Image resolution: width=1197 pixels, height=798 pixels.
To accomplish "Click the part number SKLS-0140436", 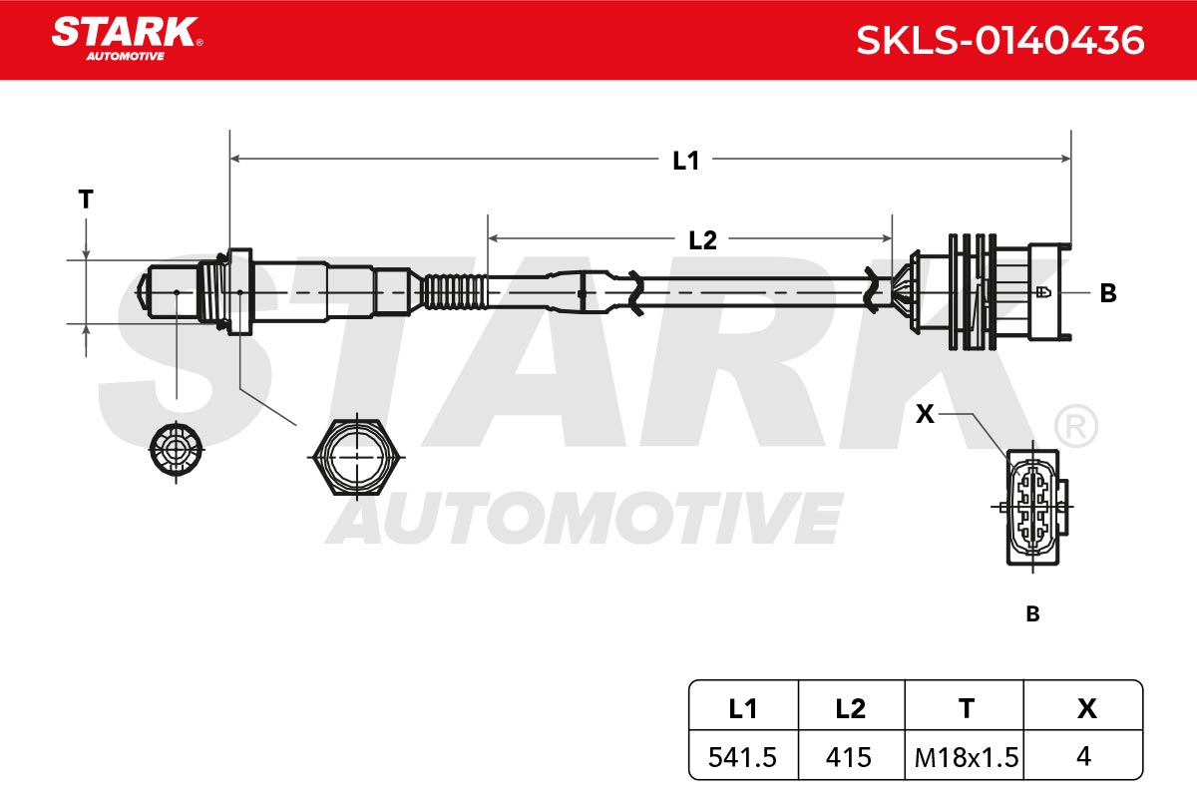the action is point(999,41).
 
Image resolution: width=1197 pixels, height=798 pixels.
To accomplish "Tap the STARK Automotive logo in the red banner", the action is point(127,39).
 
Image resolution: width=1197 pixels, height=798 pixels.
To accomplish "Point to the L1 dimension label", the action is point(685,161).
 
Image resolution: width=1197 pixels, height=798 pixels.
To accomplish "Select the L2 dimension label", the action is point(702,240).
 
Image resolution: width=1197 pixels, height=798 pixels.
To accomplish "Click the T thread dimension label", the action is point(86,199).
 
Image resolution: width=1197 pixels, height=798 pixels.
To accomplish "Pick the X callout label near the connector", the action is point(925,414).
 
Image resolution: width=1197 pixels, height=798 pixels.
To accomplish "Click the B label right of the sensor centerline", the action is point(1108,293).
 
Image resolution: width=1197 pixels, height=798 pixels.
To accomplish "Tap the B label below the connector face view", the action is point(1033,614).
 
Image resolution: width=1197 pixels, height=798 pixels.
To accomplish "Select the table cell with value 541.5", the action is point(742,757).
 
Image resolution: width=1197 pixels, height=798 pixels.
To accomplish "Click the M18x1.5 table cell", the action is point(967,757).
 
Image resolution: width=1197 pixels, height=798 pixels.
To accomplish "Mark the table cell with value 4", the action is point(1083,757).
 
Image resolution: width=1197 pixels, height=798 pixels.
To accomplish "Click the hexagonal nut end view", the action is point(357,458).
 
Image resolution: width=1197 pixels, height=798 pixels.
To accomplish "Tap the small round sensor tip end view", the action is point(177,450).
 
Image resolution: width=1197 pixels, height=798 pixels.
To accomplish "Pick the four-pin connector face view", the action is point(1033,507).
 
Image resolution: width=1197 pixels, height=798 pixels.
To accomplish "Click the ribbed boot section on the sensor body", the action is point(454,292).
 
